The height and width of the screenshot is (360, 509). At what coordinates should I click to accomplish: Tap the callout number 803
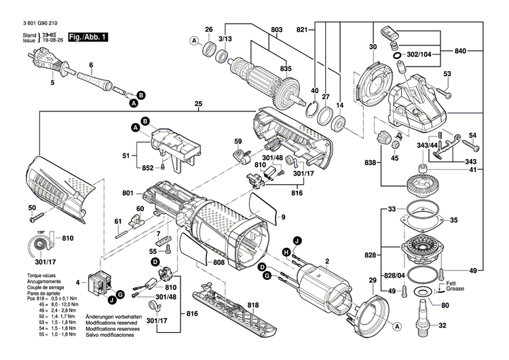click(277, 29)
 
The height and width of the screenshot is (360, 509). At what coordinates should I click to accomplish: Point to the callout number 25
click(198, 105)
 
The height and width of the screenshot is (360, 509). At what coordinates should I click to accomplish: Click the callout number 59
click(238, 141)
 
